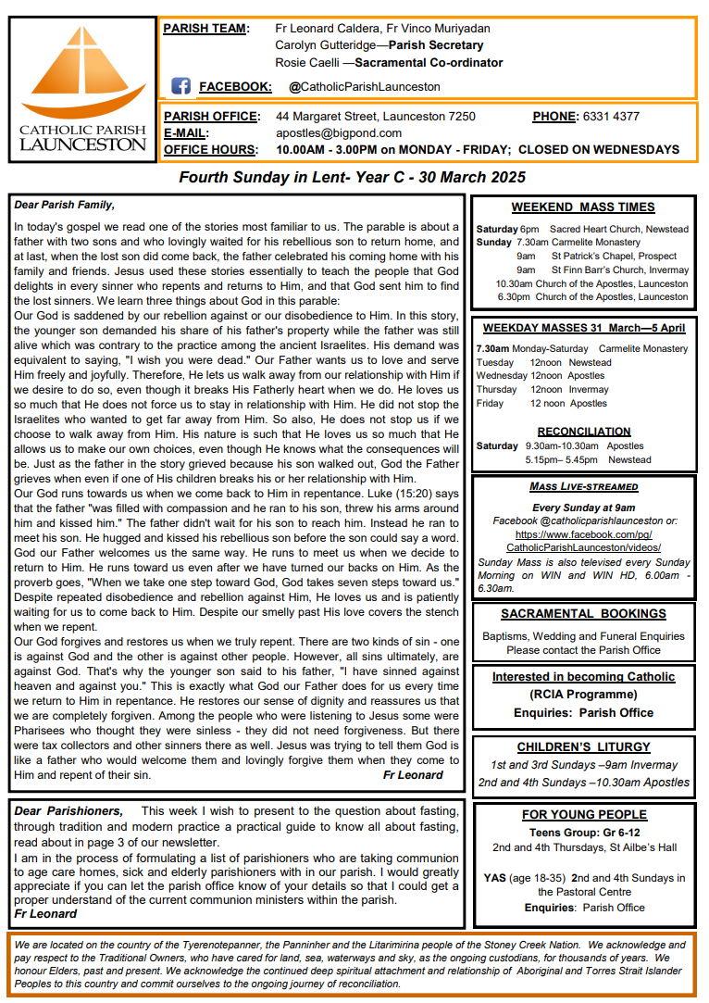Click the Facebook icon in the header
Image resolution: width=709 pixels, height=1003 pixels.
coord(180,86)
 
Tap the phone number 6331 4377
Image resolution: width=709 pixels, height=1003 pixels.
coord(611,117)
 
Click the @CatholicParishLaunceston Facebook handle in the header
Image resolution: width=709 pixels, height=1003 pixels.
coord(364,87)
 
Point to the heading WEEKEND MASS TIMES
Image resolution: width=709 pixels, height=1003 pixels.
coord(583,207)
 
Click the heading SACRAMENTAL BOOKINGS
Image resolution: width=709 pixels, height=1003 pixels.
coord(583,614)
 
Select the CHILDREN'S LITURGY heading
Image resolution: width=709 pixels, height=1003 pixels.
coord(583,746)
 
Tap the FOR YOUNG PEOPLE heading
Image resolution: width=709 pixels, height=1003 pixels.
coord(583,815)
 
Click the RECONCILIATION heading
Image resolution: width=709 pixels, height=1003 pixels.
coord(583,432)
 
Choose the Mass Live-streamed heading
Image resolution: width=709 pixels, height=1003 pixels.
coord(583,487)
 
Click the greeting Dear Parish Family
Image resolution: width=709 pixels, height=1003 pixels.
coord(65,206)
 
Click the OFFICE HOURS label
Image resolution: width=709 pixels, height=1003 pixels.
coord(210,149)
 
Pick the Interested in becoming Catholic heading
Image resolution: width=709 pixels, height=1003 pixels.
coord(583,677)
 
